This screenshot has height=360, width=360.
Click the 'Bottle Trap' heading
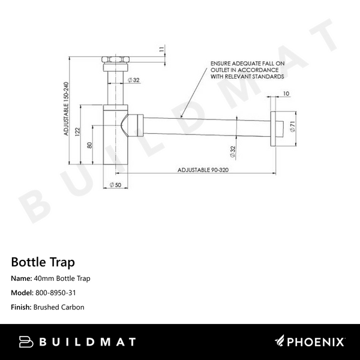pyautogui.click(x=43, y=262)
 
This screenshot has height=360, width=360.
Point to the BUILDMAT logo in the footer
pyautogui.click(x=78, y=342)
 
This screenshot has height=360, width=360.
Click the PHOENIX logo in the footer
pyautogui.click(x=310, y=342)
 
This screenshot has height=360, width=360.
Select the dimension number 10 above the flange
pyautogui.click(x=286, y=94)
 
